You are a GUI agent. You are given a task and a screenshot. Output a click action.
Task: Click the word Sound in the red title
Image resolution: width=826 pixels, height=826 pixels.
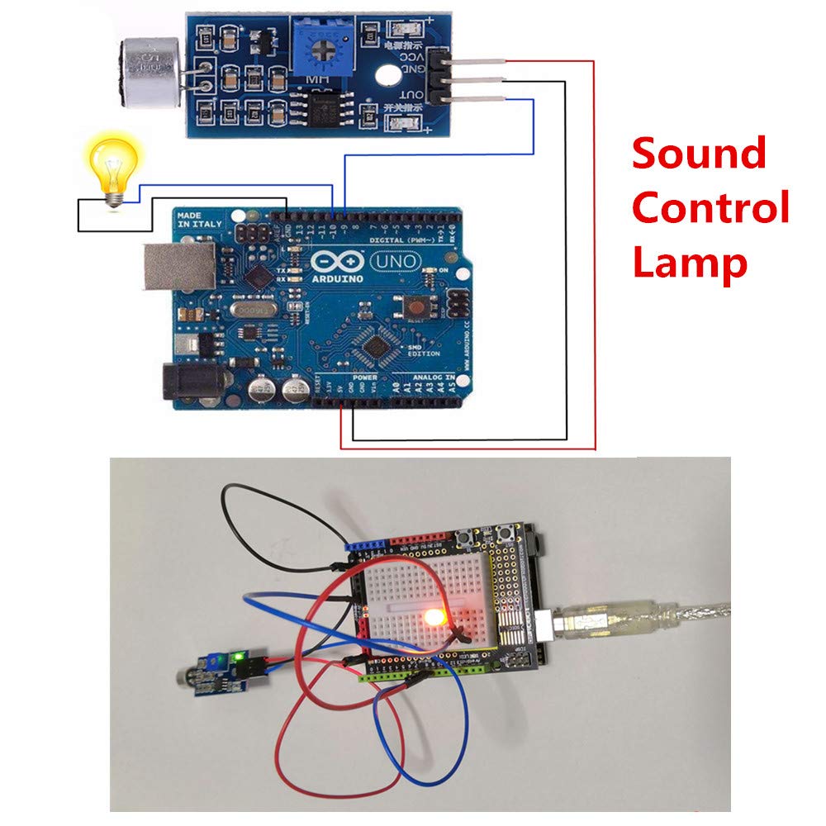(699, 154)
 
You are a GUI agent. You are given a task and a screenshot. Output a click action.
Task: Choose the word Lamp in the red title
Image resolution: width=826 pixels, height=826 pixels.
(689, 263)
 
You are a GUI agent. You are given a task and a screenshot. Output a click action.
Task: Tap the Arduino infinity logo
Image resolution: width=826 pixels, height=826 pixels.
(335, 263)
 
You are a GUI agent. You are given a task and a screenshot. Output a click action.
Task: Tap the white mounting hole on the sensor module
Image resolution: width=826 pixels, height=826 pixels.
(385, 75)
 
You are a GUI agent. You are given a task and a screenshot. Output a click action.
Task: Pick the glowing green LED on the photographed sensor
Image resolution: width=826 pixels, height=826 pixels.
(239, 657)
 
